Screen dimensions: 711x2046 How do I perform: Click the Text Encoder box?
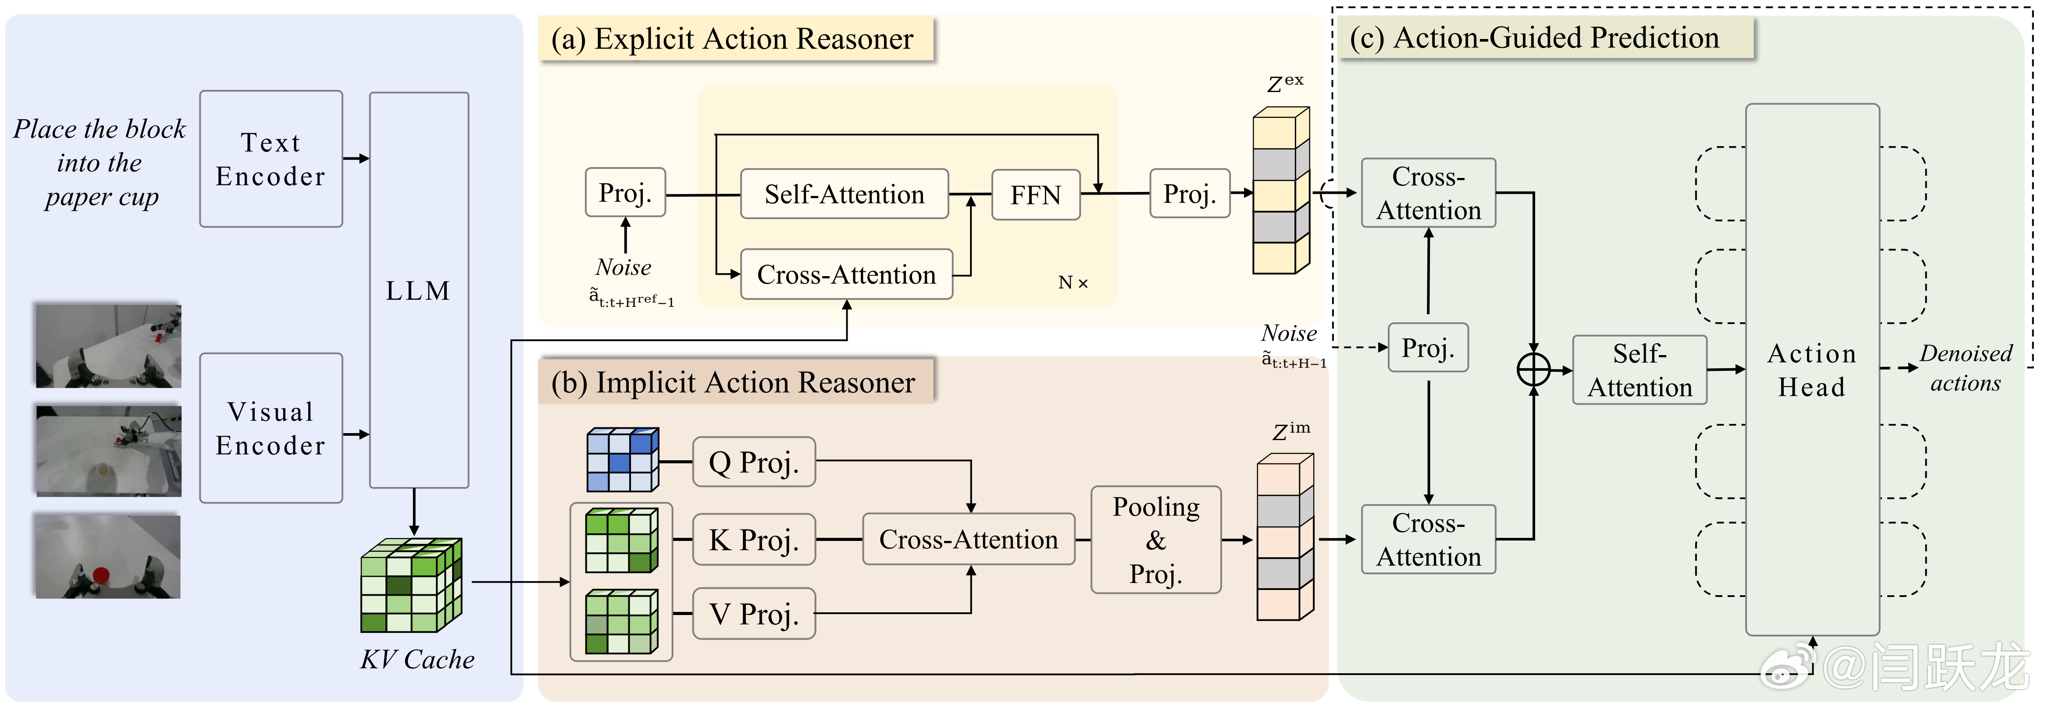271,159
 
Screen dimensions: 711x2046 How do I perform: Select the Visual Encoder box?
271,428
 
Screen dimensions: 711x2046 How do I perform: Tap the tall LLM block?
419,290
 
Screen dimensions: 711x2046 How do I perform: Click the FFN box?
1035,195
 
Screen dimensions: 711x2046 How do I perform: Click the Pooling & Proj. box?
1155,540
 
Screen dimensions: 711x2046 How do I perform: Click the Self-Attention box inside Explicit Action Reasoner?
844,194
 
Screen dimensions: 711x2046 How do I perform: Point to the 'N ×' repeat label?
1072,283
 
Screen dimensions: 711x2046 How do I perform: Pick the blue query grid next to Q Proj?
622,460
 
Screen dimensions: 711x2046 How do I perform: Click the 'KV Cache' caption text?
417,659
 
